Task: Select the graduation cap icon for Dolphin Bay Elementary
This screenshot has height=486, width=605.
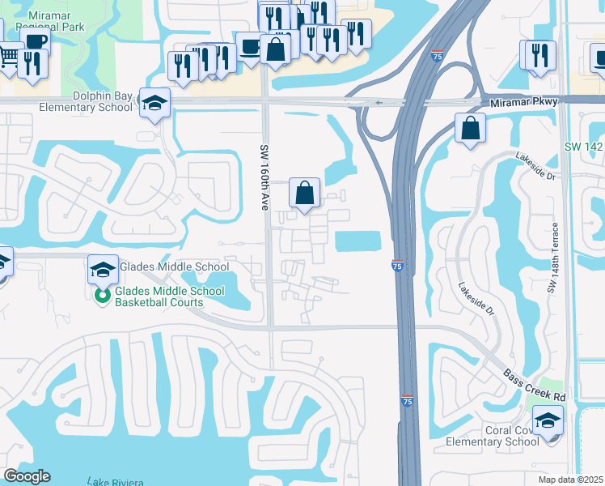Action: tap(154, 103)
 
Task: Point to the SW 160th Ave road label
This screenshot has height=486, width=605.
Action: tap(264, 177)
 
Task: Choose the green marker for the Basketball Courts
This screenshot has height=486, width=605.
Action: tap(103, 296)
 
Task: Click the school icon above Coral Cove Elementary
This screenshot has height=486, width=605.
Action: tap(549, 421)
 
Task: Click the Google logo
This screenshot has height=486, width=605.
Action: tap(26, 476)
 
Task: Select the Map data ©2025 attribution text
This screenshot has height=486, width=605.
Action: tap(570, 480)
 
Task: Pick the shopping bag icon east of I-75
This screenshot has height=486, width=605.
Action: tap(470, 128)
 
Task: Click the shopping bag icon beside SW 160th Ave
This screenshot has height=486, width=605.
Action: tap(305, 193)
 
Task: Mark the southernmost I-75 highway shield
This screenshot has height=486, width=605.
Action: tap(409, 401)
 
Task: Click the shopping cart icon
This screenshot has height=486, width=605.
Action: tap(9, 57)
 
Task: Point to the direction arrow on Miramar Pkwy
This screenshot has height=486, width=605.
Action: tap(378, 103)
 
